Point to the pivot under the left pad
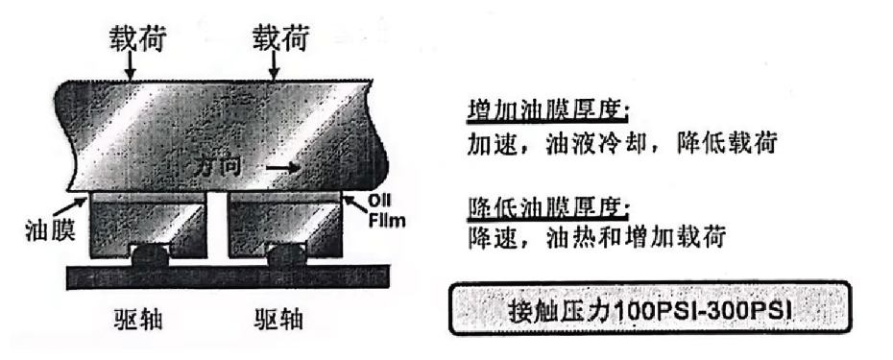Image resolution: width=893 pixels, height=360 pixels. click(x=149, y=256)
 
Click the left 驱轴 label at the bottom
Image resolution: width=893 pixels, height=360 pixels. click(x=138, y=316)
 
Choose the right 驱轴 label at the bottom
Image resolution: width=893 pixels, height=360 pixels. click(x=278, y=316)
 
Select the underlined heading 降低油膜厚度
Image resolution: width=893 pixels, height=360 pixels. click(x=547, y=206)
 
